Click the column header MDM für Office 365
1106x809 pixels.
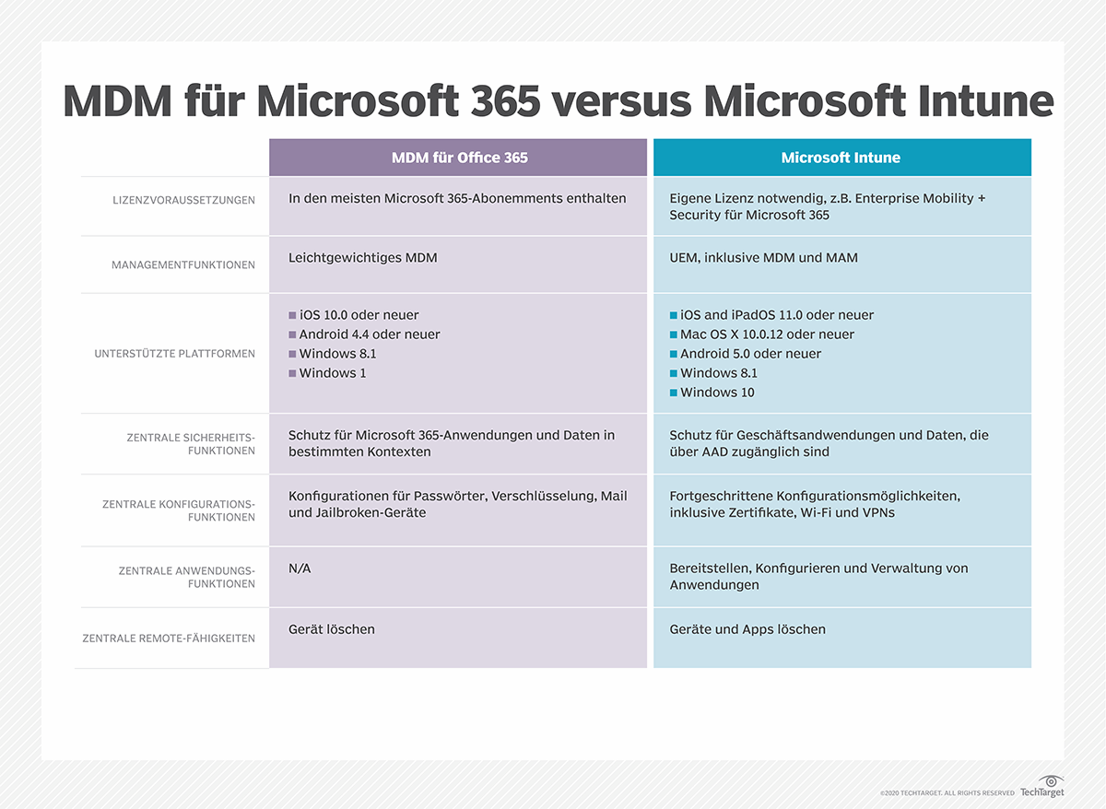tap(459, 158)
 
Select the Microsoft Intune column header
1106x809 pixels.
tap(841, 158)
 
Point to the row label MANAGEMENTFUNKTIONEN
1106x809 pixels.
tap(183, 264)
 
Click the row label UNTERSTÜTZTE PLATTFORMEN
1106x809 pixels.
tap(174, 354)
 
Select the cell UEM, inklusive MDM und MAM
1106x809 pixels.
tap(763, 258)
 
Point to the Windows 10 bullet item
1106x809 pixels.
tap(717, 393)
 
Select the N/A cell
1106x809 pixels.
tap(300, 569)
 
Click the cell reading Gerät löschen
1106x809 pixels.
tap(332, 629)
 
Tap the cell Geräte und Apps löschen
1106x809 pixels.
tap(747, 629)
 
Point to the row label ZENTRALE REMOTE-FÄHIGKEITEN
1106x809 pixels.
tap(169, 638)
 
